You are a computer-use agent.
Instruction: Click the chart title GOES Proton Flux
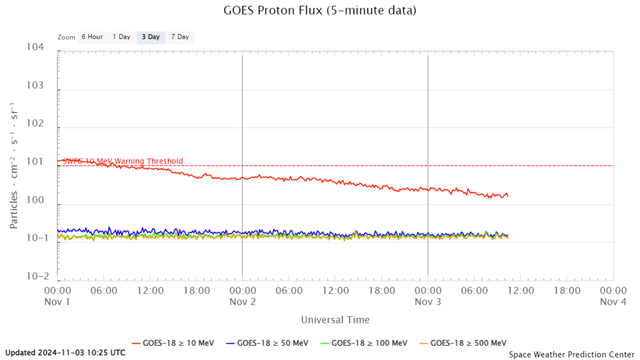[319, 11]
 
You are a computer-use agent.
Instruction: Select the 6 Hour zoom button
[92, 37]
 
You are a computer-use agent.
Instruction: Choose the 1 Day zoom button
[121, 37]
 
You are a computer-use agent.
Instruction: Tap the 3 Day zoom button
[151, 37]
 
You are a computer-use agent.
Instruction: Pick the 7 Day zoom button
[180, 37]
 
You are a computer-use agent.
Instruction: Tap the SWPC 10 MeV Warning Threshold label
[122, 161]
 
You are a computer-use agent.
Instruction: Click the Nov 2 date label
[242, 301]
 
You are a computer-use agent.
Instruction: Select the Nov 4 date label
[612, 301]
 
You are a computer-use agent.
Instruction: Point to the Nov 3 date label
[427, 301]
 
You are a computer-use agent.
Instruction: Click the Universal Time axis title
[335, 320]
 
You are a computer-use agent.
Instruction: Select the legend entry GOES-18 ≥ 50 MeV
[273, 342]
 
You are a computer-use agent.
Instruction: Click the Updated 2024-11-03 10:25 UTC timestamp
[65, 352]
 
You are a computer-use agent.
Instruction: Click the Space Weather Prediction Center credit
[571, 354]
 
